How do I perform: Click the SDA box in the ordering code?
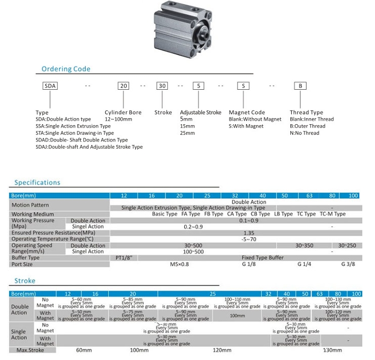50,86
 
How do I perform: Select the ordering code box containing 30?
162,86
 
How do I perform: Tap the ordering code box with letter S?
243,86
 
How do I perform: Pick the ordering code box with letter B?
300,86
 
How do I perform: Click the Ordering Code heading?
65,69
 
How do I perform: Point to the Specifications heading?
37,183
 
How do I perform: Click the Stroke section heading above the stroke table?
25,280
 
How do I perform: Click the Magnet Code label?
247,113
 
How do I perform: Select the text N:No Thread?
304,133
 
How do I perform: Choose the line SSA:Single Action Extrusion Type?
73,126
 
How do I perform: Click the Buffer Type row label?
25,258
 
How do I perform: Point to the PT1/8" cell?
124,258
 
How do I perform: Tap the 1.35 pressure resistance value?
249,233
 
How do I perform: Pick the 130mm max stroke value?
332,350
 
